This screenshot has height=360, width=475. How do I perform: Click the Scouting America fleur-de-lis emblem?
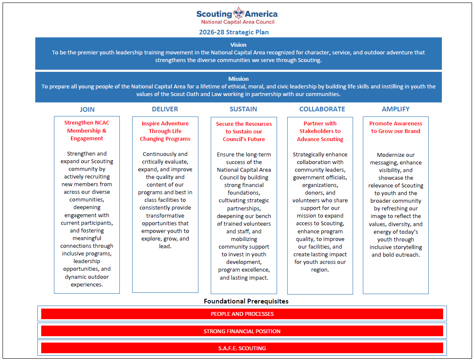click(238, 14)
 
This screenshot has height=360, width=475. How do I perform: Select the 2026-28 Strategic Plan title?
click(234, 32)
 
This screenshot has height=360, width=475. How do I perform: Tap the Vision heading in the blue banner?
click(238, 45)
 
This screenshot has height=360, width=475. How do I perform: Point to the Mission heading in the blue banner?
click(238, 79)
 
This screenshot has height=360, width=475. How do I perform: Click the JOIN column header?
click(87, 109)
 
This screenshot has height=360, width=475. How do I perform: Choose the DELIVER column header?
click(165, 109)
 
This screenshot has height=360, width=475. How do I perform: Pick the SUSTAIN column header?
click(243, 109)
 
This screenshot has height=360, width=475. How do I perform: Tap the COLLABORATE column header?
click(322, 109)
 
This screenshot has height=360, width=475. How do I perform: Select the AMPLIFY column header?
click(396, 109)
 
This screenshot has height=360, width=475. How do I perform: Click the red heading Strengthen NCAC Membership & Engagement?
click(87, 130)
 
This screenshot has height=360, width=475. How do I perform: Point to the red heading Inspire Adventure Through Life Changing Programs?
click(165, 131)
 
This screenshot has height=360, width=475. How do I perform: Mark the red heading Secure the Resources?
click(244, 131)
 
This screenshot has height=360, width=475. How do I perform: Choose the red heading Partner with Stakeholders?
click(320, 131)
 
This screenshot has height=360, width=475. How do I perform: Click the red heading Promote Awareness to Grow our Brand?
click(396, 127)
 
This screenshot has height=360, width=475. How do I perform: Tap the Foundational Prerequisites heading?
click(246, 301)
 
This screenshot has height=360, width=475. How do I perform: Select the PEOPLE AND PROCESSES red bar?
click(242, 314)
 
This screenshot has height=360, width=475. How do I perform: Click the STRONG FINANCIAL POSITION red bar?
click(242, 331)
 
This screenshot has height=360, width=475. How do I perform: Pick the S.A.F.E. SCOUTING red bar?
click(242, 348)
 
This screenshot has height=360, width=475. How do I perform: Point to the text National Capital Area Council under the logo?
click(237, 22)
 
